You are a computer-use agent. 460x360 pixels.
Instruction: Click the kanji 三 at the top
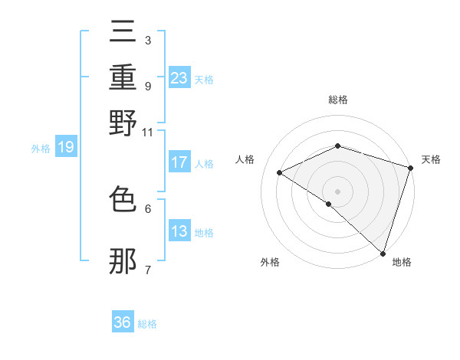pos(123,31)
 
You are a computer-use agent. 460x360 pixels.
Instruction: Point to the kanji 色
pos(123,201)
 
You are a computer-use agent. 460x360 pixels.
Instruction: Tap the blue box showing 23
pos(179,77)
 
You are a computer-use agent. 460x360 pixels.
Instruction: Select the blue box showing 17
pos(179,162)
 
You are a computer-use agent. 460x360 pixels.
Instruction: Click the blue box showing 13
pos(179,231)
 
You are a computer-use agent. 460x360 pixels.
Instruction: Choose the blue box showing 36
pos(123,322)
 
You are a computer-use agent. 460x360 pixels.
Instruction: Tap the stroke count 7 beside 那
pos(147,270)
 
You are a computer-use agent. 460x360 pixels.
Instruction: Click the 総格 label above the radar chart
pos(337,100)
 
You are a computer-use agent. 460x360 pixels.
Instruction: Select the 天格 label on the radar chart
pos(431,159)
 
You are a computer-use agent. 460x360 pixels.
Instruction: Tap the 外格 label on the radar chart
pos(270,263)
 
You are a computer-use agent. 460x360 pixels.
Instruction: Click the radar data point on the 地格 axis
pos(382,253)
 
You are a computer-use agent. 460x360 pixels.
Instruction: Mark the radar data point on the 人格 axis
pos(280,172)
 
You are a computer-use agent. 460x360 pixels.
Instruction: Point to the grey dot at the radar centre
pos(337,191)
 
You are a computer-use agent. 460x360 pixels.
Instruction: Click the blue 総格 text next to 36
pos(147,324)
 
